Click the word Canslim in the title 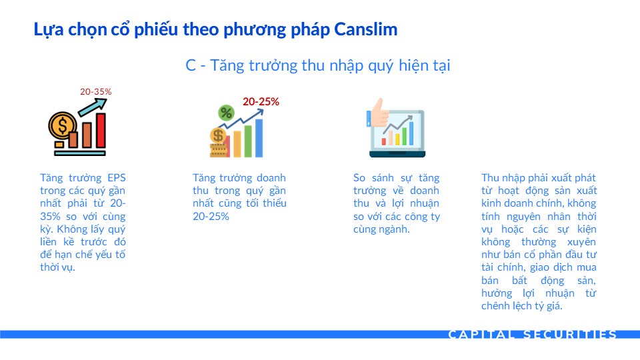point(366,29)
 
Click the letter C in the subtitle point(191,65)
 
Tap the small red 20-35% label point(96,92)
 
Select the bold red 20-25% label point(261,101)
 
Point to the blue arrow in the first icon point(93,107)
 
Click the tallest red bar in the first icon point(101,130)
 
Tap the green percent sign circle point(226,113)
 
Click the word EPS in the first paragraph point(116,178)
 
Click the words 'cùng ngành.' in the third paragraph point(381,229)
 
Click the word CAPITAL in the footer point(481,335)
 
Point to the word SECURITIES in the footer point(570,335)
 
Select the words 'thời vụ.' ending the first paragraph point(57,267)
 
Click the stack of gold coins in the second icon point(219,149)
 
